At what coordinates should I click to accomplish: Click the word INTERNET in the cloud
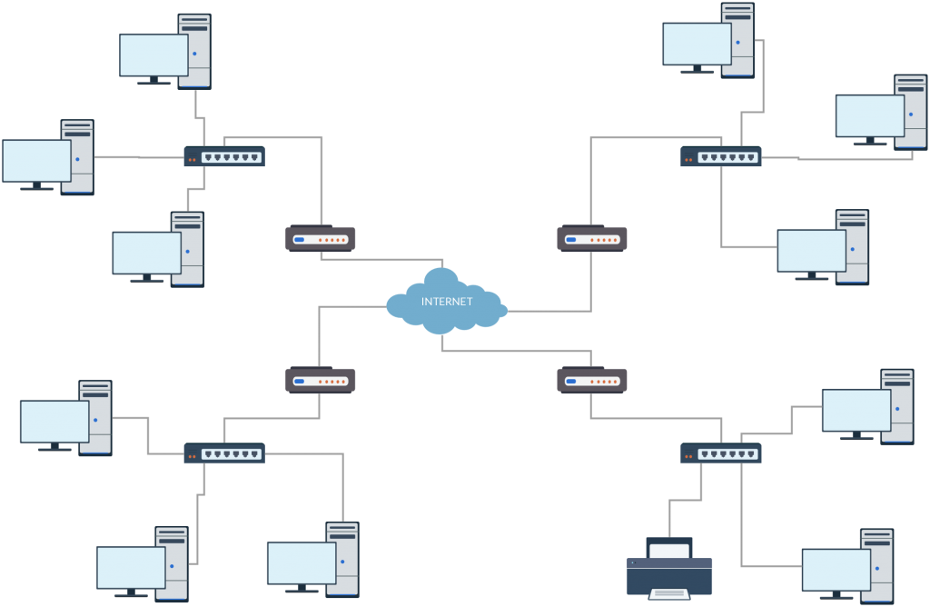coord(447,301)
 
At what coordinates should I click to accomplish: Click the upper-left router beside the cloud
coord(320,239)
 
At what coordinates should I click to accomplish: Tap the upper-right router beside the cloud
coord(591,239)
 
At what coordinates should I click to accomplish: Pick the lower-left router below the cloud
coord(320,380)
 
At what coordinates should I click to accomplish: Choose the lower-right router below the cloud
coord(591,380)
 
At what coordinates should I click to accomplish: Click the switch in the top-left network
coord(224,156)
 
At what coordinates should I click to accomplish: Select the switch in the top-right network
coord(720,157)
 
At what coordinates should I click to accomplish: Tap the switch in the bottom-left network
coord(224,453)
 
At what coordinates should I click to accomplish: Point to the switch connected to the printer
coord(720,453)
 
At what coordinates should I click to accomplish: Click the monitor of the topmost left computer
coord(153,55)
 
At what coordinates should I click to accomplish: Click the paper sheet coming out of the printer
coord(669,593)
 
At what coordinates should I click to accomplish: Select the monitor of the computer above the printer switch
coord(856,410)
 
